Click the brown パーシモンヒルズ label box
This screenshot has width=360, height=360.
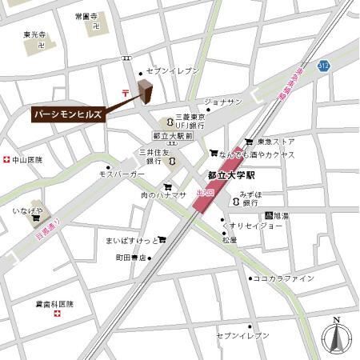pyautogui.click(x=68, y=115)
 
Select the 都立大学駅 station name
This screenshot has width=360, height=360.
pyautogui.click(x=230, y=174)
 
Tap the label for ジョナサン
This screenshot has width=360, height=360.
pyautogui.click(x=223, y=102)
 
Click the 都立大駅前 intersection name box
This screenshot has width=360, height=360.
pyautogui.click(x=172, y=137)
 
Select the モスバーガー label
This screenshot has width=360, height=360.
pyautogui.click(x=122, y=174)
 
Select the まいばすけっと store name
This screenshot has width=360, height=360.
pyautogui.click(x=130, y=239)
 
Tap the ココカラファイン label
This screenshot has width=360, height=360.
pyautogui.click(x=283, y=278)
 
